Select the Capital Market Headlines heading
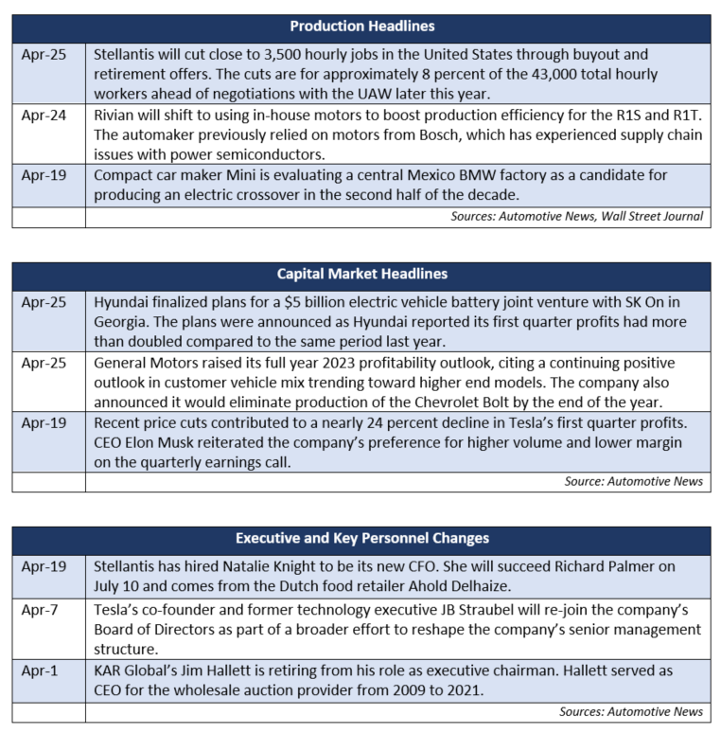[362, 275]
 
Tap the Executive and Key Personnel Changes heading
[362, 538]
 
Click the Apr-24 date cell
[44, 116]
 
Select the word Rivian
[116, 116]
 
